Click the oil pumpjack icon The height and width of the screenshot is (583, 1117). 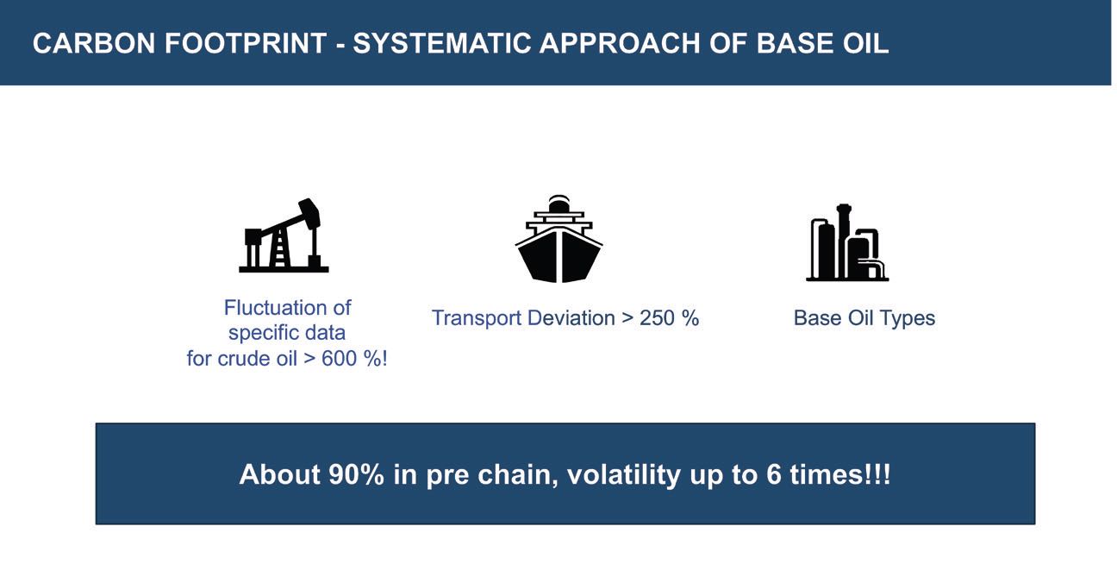click(284, 235)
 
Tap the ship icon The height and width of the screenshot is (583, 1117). click(559, 239)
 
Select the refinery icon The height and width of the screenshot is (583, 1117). click(847, 242)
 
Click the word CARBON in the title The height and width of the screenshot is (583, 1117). click(94, 43)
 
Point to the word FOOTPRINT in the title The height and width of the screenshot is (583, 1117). click(246, 43)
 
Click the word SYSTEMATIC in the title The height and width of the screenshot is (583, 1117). click(442, 43)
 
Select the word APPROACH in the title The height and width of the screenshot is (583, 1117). click(620, 43)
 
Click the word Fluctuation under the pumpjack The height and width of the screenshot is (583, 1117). click(273, 308)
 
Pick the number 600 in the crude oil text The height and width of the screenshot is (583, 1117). click(339, 359)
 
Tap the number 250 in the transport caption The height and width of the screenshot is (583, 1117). click(657, 318)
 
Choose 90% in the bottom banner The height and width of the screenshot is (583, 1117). click(356, 474)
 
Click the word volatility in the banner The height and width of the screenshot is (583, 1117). click(624, 474)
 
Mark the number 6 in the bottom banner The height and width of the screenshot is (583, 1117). click(773, 474)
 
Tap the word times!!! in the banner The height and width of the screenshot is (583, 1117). click(840, 474)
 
